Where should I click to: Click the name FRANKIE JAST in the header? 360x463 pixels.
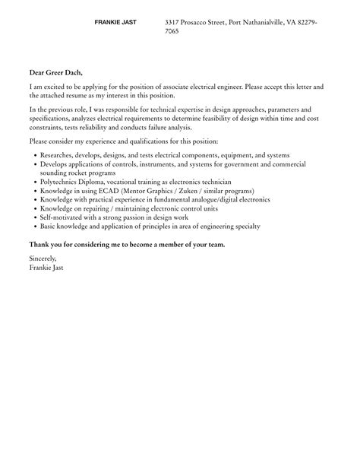[x=115, y=23]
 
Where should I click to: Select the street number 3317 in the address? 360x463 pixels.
[x=174, y=23]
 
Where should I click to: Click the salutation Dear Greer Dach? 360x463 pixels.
[x=55, y=73]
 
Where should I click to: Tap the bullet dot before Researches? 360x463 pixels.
[x=33, y=155]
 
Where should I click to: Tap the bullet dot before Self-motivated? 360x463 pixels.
[x=33, y=218]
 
